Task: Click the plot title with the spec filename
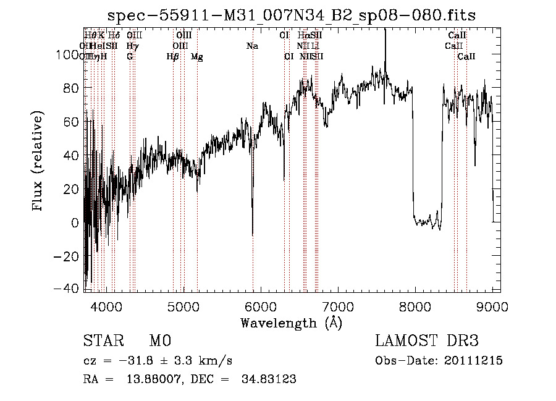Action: [292, 15]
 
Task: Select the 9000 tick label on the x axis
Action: [492, 306]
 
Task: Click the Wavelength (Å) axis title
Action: [291, 323]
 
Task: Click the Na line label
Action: [252, 46]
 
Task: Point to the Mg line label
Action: [197, 57]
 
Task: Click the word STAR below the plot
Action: [103, 341]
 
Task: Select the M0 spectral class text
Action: [159, 341]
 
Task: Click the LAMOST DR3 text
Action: [426, 341]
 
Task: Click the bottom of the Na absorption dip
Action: [253, 235]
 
